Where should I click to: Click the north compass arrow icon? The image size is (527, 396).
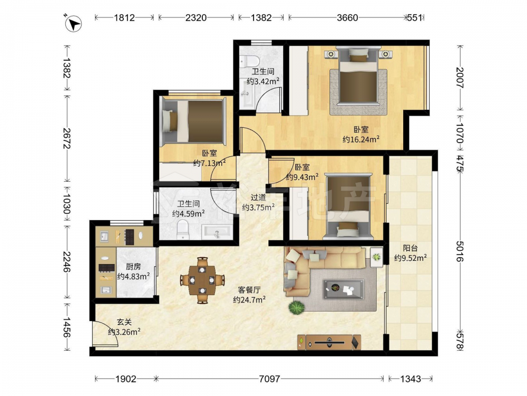point(73,24)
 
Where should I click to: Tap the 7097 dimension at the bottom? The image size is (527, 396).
point(269,379)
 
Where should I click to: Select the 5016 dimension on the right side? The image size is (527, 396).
point(460,251)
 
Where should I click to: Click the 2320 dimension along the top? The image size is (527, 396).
point(196,17)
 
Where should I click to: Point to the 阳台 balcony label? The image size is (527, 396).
point(410,248)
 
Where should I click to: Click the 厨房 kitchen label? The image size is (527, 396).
point(133,267)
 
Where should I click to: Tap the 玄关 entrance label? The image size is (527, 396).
point(124,322)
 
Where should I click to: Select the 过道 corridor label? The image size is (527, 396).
point(258,197)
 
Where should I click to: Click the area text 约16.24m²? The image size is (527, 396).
point(361,139)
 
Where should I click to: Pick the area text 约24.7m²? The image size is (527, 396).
point(249,299)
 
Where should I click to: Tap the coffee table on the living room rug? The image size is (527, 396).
point(344,289)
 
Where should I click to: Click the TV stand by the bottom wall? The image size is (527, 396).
point(329,342)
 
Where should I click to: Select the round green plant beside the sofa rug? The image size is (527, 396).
point(296,308)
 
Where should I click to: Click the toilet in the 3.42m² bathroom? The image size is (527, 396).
point(250,61)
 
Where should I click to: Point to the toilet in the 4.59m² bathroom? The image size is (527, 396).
point(183,229)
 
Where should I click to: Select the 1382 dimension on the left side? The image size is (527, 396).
point(66,68)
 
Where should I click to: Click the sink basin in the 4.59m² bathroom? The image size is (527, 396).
point(217,232)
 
